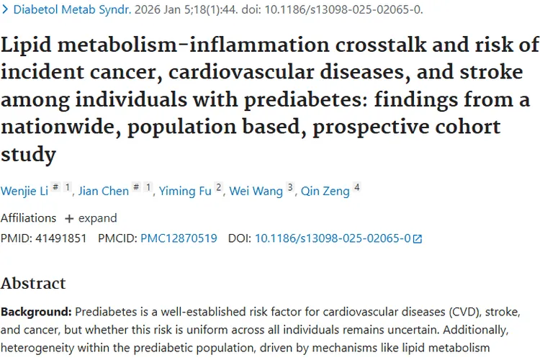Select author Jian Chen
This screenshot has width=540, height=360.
pyautogui.click(x=103, y=191)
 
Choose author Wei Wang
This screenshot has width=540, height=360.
pyautogui.click(x=256, y=191)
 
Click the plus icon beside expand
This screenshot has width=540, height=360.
pyautogui.click(x=69, y=218)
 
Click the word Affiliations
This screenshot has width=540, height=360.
pyautogui.click(x=28, y=217)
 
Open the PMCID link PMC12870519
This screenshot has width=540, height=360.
pyautogui.click(x=179, y=238)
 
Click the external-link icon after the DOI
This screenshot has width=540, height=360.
pyautogui.click(x=417, y=238)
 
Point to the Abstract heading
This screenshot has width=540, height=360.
pyautogui.click(x=33, y=283)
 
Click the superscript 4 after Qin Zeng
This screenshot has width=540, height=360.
pyautogui.click(x=356, y=187)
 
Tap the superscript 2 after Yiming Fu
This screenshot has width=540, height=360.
pyautogui.click(x=219, y=187)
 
